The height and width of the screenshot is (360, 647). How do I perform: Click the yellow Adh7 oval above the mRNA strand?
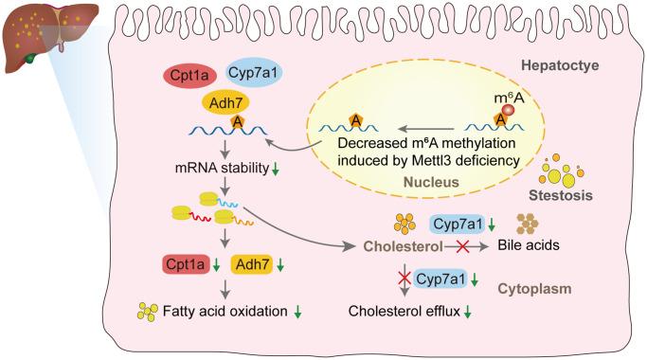[225, 101]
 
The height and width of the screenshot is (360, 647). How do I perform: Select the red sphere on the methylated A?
[507, 112]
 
